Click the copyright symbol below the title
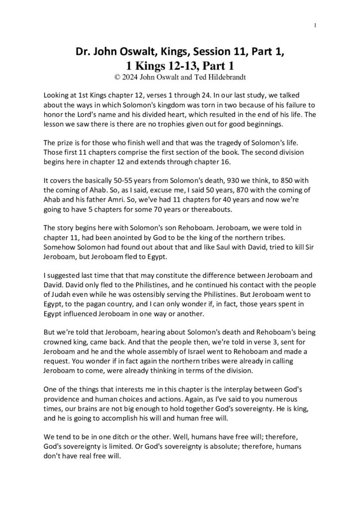(x=117, y=77)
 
